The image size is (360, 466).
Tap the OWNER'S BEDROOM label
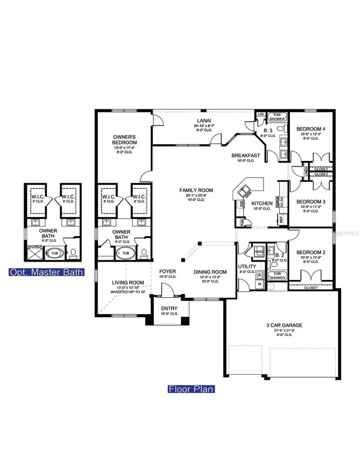click(125, 140)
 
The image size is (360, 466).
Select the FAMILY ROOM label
click(196, 190)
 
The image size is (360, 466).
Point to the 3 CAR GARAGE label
click(284, 325)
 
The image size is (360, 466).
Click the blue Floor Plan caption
click(190, 389)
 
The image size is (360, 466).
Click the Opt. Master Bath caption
click(46, 272)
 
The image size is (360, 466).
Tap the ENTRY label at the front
click(169, 308)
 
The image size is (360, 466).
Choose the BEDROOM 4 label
click(311, 129)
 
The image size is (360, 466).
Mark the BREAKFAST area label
click(246, 155)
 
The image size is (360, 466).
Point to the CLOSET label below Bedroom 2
click(311, 288)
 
